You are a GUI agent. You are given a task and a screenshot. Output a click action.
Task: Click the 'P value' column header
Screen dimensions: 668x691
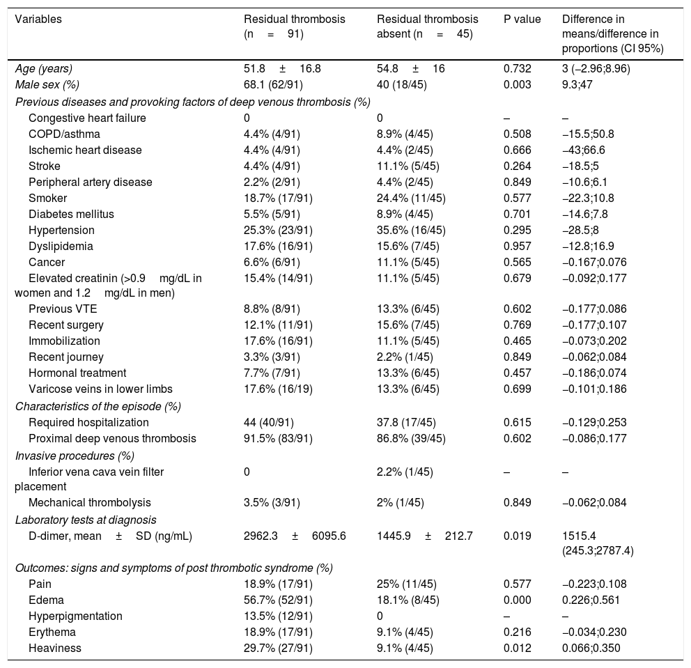pyautogui.click(x=522, y=20)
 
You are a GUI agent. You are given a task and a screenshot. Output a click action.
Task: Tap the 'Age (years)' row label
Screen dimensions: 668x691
pyautogui.click(x=43, y=68)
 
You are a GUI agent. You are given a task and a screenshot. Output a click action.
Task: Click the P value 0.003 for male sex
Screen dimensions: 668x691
pyautogui.click(x=518, y=84)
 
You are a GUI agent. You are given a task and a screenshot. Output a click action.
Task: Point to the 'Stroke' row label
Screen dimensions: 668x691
pyautogui.click(x=44, y=166)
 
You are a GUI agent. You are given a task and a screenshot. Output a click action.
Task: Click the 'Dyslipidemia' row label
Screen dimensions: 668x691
pyautogui.click(x=61, y=246)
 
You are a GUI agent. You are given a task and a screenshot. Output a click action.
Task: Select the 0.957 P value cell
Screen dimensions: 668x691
pyautogui.click(x=518, y=246)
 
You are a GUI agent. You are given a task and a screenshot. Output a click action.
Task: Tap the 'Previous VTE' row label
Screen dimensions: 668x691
pyautogui.click(x=59, y=309)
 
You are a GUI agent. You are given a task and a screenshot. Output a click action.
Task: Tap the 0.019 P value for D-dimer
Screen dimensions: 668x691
pyautogui.click(x=518, y=535)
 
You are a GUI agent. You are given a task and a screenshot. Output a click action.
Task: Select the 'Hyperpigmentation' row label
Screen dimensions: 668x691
pyautogui.click(x=75, y=616)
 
